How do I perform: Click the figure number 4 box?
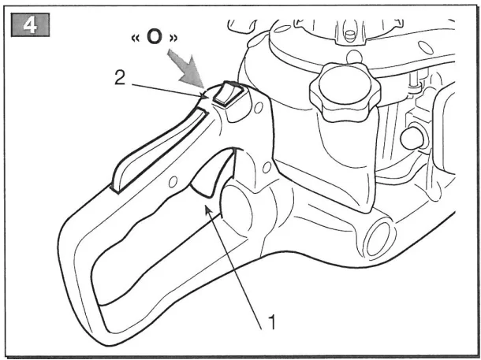tap(30, 25)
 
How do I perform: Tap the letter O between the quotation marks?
tap(155, 37)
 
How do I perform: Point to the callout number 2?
tap(120, 77)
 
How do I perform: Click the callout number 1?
tap(271, 321)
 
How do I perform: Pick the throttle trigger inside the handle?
tap(213, 173)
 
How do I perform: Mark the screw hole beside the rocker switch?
tap(259, 107)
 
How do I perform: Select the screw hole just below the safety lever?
tap(173, 182)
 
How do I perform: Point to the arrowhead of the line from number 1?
tap(208, 210)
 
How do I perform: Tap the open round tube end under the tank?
tap(380, 238)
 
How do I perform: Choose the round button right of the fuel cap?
tap(412, 138)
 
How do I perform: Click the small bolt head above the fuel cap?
tap(349, 35)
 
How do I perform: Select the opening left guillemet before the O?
tap(136, 39)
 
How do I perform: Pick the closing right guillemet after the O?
tap(173, 39)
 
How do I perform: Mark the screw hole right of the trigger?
tap(267, 167)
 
